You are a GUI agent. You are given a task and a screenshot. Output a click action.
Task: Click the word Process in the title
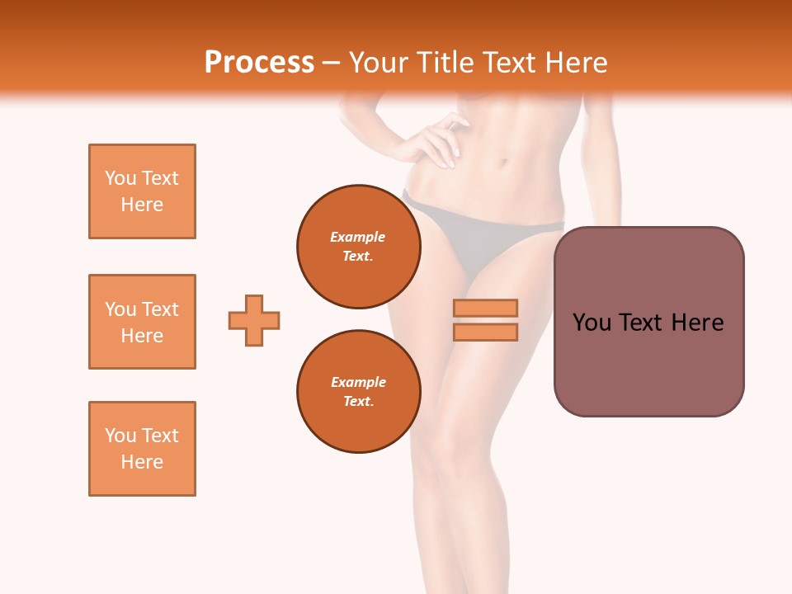259,63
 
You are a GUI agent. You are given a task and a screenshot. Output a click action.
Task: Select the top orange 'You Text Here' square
142,191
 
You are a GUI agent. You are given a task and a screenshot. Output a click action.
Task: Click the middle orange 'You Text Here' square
142,322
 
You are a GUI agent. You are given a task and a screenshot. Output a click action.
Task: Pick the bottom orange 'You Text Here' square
142,449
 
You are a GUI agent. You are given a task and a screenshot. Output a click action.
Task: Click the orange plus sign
254,320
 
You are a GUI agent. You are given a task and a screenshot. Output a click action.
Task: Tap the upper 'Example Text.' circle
359,247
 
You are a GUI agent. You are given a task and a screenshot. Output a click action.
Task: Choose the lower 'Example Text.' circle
359,392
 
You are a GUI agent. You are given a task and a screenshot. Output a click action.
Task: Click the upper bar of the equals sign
485,308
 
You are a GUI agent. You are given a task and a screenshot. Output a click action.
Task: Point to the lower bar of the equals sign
485,332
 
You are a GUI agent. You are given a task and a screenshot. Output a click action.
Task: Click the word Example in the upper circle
358,237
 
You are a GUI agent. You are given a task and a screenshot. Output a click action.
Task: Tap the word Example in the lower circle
358,382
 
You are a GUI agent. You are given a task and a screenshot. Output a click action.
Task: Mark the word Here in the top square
142,205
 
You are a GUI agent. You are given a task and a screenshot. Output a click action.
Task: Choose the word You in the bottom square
120,436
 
